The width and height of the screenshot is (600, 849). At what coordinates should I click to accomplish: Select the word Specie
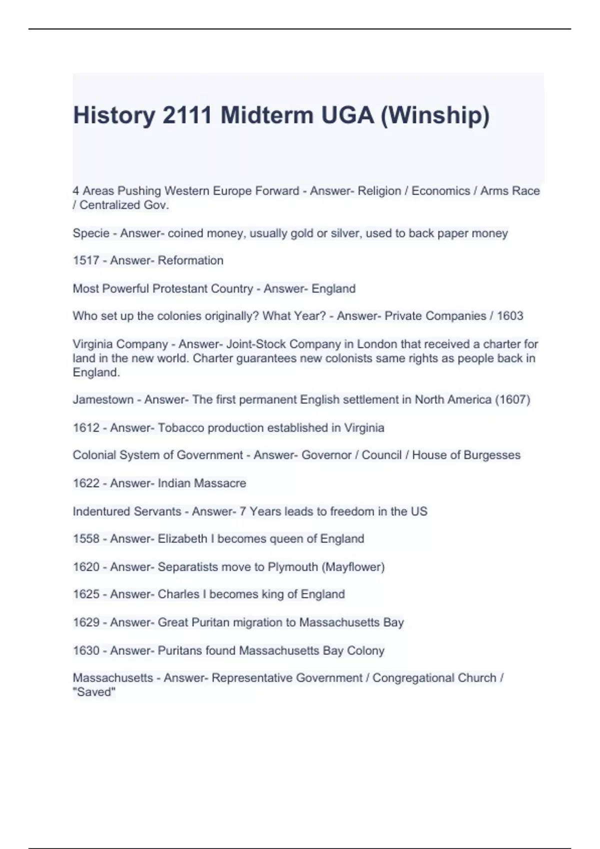(x=91, y=233)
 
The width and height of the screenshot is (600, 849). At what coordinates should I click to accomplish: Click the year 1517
(x=86, y=261)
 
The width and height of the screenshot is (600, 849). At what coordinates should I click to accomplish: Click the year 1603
(x=510, y=316)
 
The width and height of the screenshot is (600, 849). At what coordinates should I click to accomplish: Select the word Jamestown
(x=103, y=400)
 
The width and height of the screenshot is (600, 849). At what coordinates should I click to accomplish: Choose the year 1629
(x=86, y=623)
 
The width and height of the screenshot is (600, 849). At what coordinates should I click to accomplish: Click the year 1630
(x=86, y=651)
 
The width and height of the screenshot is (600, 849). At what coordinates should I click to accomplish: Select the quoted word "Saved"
(x=94, y=692)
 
